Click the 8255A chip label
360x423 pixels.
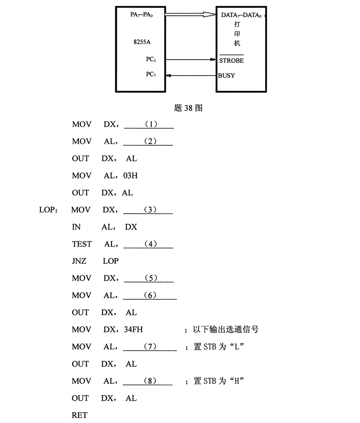142,42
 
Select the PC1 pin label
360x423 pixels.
151,59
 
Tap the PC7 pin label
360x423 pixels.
151,74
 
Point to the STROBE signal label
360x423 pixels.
231,60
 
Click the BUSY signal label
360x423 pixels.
226,76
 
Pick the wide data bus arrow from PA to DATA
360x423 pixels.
191,14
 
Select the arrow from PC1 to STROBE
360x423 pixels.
191,59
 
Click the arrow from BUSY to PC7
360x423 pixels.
192,76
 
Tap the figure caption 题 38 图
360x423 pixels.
188,108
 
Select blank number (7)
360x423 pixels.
150,346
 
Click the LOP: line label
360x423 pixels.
48,210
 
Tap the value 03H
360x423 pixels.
130,176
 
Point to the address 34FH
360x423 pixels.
133,329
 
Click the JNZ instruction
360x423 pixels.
79,261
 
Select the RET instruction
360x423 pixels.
80,415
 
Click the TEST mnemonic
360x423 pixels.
82,244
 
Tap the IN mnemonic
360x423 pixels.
76,227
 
